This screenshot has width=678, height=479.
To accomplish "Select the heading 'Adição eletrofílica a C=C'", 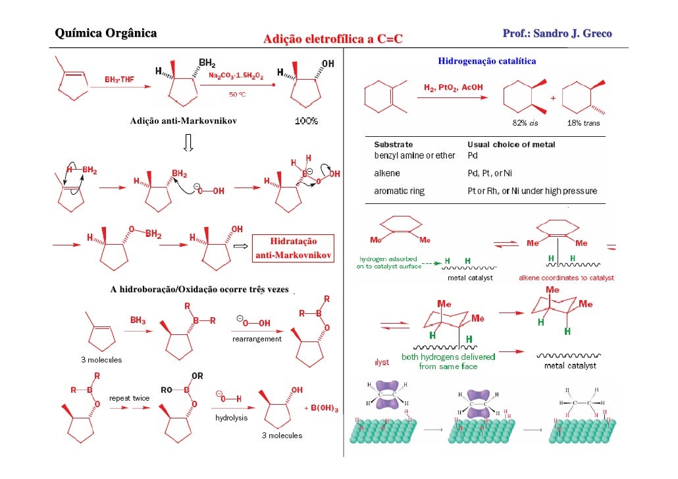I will coord(332,41).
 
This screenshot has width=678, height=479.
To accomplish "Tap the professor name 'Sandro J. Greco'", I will coord(572,33).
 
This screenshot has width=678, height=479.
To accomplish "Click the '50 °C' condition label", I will coord(237,95).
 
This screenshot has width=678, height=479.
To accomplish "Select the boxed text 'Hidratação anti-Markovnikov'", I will coord(294,248).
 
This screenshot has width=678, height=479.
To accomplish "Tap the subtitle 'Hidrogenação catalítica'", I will coord(486,61).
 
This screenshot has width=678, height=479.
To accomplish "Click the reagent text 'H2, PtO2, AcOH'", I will coord(453,87).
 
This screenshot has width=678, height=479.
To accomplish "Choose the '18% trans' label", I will coord(583,123).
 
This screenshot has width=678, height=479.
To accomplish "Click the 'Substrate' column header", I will coord(394,145).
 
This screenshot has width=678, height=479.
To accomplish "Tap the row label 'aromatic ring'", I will coord(400,191).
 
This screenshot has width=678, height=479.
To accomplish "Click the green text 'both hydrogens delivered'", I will coord(448,357).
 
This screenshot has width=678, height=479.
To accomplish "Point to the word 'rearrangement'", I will coord(257,340).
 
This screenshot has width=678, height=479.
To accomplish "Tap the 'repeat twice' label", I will coord(129,398).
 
